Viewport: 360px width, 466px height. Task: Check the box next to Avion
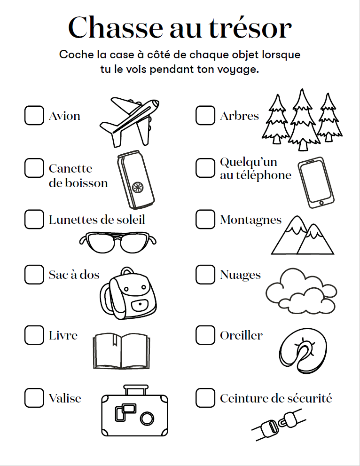pos(34,115)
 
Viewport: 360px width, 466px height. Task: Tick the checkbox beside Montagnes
pos(205,219)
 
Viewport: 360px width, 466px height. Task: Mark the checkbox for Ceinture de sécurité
pos(205,398)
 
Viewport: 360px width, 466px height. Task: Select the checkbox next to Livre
pos(34,335)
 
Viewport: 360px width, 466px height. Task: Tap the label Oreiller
pos(241,336)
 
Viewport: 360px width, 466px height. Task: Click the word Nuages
pos(240,275)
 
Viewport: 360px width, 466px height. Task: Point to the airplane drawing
pos(130,122)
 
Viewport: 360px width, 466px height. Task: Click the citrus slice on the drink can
pos(138,188)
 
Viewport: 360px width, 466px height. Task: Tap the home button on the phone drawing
pos(321,203)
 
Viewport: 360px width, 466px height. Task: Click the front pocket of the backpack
pos(140,305)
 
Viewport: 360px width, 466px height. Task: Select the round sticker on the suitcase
pos(147,419)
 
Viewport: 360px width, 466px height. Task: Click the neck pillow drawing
pos(303,351)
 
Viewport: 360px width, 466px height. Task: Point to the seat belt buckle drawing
pos(279,425)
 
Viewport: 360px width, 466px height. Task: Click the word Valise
pos(65,398)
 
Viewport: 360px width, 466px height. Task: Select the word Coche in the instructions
pos(76,55)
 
